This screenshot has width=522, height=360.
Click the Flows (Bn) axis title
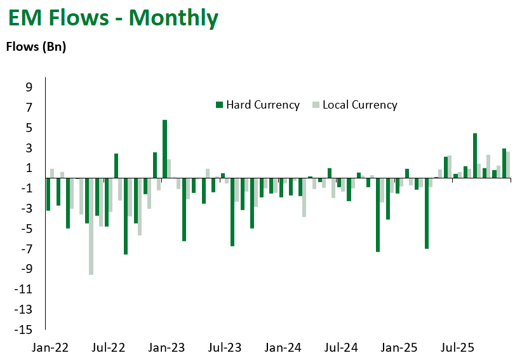36,46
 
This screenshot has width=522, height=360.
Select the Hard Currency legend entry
262,105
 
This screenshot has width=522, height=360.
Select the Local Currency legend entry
359,105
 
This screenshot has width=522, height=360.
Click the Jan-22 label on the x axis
50,348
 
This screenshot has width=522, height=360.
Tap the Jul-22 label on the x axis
109,348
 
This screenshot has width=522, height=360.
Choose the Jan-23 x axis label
166,348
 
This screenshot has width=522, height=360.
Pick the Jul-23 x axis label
225,348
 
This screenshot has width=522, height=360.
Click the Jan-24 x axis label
283,348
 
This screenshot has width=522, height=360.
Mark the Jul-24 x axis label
341,348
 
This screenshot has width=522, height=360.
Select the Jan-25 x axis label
399,348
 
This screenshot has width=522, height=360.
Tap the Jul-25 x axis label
457,348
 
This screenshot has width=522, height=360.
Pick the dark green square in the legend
219,105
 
